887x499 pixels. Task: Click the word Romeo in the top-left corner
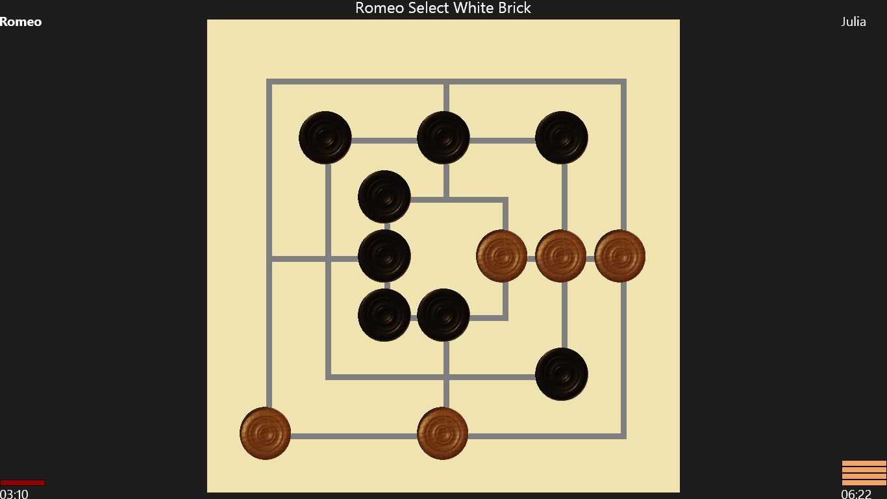pyautogui.click(x=21, y=22)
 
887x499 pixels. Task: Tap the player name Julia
pyautogui.click(x=853, y=22)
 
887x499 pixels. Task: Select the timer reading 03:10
pyautogui.click(x=14, y=494)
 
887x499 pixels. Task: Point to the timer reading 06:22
pyautogui.click(x=856, y=494)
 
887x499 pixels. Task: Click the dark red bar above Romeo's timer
pyautogui.click(x=23, y=482)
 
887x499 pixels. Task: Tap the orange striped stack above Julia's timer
pyautogui.click(x=864, y=473)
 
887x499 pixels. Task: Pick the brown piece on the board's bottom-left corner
pyautogui.click(x=266, y=433)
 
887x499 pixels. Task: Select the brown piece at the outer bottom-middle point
pyautogui.click(x=443, y=433)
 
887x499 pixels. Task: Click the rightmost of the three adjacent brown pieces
pyautogui.click(x=619, y=256)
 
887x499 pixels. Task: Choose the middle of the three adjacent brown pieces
pyautogui.click(x=561, y=256)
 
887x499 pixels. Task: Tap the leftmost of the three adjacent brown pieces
pyautogui.click(x=502, y=256)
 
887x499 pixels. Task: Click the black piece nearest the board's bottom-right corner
pyautogui.click(x=562, y=374)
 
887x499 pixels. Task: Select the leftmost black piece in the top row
pyautogui.click(x=325, y=138)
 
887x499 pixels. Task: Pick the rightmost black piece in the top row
pyautogui.click(x=562, y=138)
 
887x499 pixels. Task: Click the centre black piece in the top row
pyautogui.click(x=443, y=138)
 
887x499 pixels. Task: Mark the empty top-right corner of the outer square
pyautogui.click(x=623, y=82)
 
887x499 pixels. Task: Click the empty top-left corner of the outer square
pyautogui.click(x=269, y=82)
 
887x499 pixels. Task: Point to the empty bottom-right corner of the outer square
pyautogui.click(x=623, y=436)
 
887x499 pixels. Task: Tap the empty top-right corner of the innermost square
pyautogui.click(x=505, y=199)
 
